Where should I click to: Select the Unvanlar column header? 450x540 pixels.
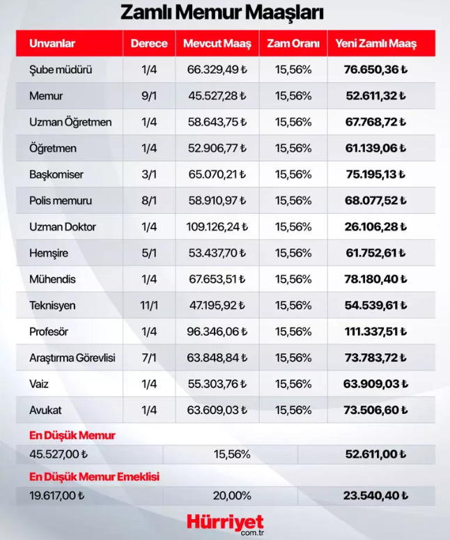coord(52,44)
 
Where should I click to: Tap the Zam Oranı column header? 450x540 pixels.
coord(293,44)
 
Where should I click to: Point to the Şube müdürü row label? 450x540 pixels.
coord(61,70)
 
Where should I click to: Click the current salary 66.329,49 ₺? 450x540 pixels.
coord(217,70)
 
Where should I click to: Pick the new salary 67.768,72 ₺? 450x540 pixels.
coord(376,122)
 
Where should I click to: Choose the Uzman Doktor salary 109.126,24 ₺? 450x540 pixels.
coord(217,227)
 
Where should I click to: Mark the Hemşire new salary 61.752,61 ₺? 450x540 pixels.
coord(376,253)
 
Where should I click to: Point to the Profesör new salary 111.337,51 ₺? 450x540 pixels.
coord(376,332)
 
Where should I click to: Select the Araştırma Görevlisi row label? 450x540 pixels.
coord(72,358)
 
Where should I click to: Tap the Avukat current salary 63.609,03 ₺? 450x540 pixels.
coord(217,410)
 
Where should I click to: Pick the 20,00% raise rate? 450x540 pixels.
coord(232,496)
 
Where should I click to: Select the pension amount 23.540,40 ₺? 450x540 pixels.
coord(376,496)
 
